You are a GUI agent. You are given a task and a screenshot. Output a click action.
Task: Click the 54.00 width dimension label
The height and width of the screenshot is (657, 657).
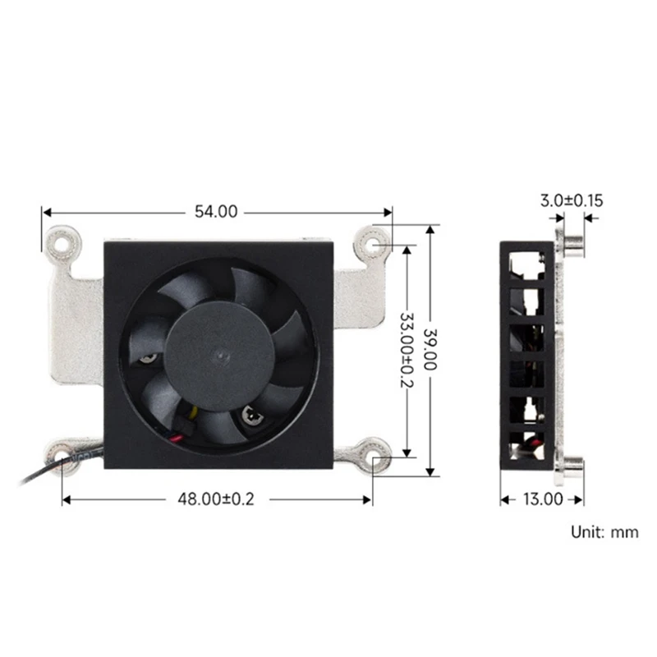pyautogui.click(x=216, y=211)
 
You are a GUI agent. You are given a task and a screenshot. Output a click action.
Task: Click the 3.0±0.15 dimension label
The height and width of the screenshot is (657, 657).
pyautogui.click(x=572, y=200)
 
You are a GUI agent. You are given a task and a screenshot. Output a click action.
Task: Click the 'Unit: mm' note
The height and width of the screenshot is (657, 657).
pyautogui.click(x=604, y=532)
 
